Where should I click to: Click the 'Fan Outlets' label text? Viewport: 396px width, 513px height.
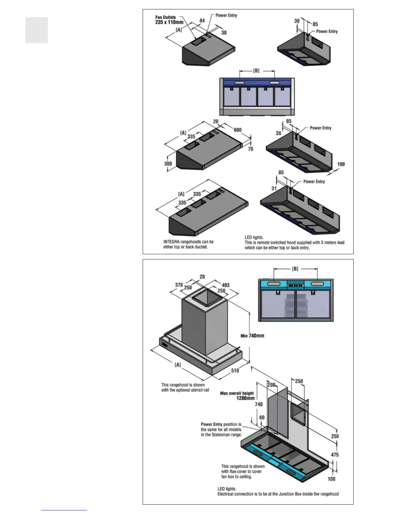click(x=166, y=17)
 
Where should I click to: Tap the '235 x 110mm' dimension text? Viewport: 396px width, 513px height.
click(x=169, y=22)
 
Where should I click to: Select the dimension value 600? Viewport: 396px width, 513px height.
click(x=237, y=130)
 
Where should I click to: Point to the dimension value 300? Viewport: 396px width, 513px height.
click(x=168, y=164)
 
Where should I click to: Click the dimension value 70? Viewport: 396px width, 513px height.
click(x=250, y=149)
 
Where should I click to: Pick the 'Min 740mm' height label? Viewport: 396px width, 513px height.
click(x=252, y=336)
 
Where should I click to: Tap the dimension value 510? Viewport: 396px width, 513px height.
click(x=235, y=370)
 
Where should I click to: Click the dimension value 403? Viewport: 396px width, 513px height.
click(x=225, y=285)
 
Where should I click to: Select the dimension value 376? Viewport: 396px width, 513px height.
click(x=179, y=285)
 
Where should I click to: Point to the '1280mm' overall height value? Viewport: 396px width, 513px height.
click(x=246, y=398)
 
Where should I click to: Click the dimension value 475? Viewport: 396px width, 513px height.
click(x=335, y=455)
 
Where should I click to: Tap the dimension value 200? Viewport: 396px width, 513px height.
click(x=271, y=385)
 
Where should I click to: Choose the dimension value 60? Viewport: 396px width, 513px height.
click(x=262, y=417)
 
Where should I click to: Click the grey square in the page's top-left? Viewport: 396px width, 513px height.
click(x=37, y=30)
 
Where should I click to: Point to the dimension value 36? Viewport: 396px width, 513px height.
click(x=278, y=133)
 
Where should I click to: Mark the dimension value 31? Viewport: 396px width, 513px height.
click(x=274, y=188)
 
